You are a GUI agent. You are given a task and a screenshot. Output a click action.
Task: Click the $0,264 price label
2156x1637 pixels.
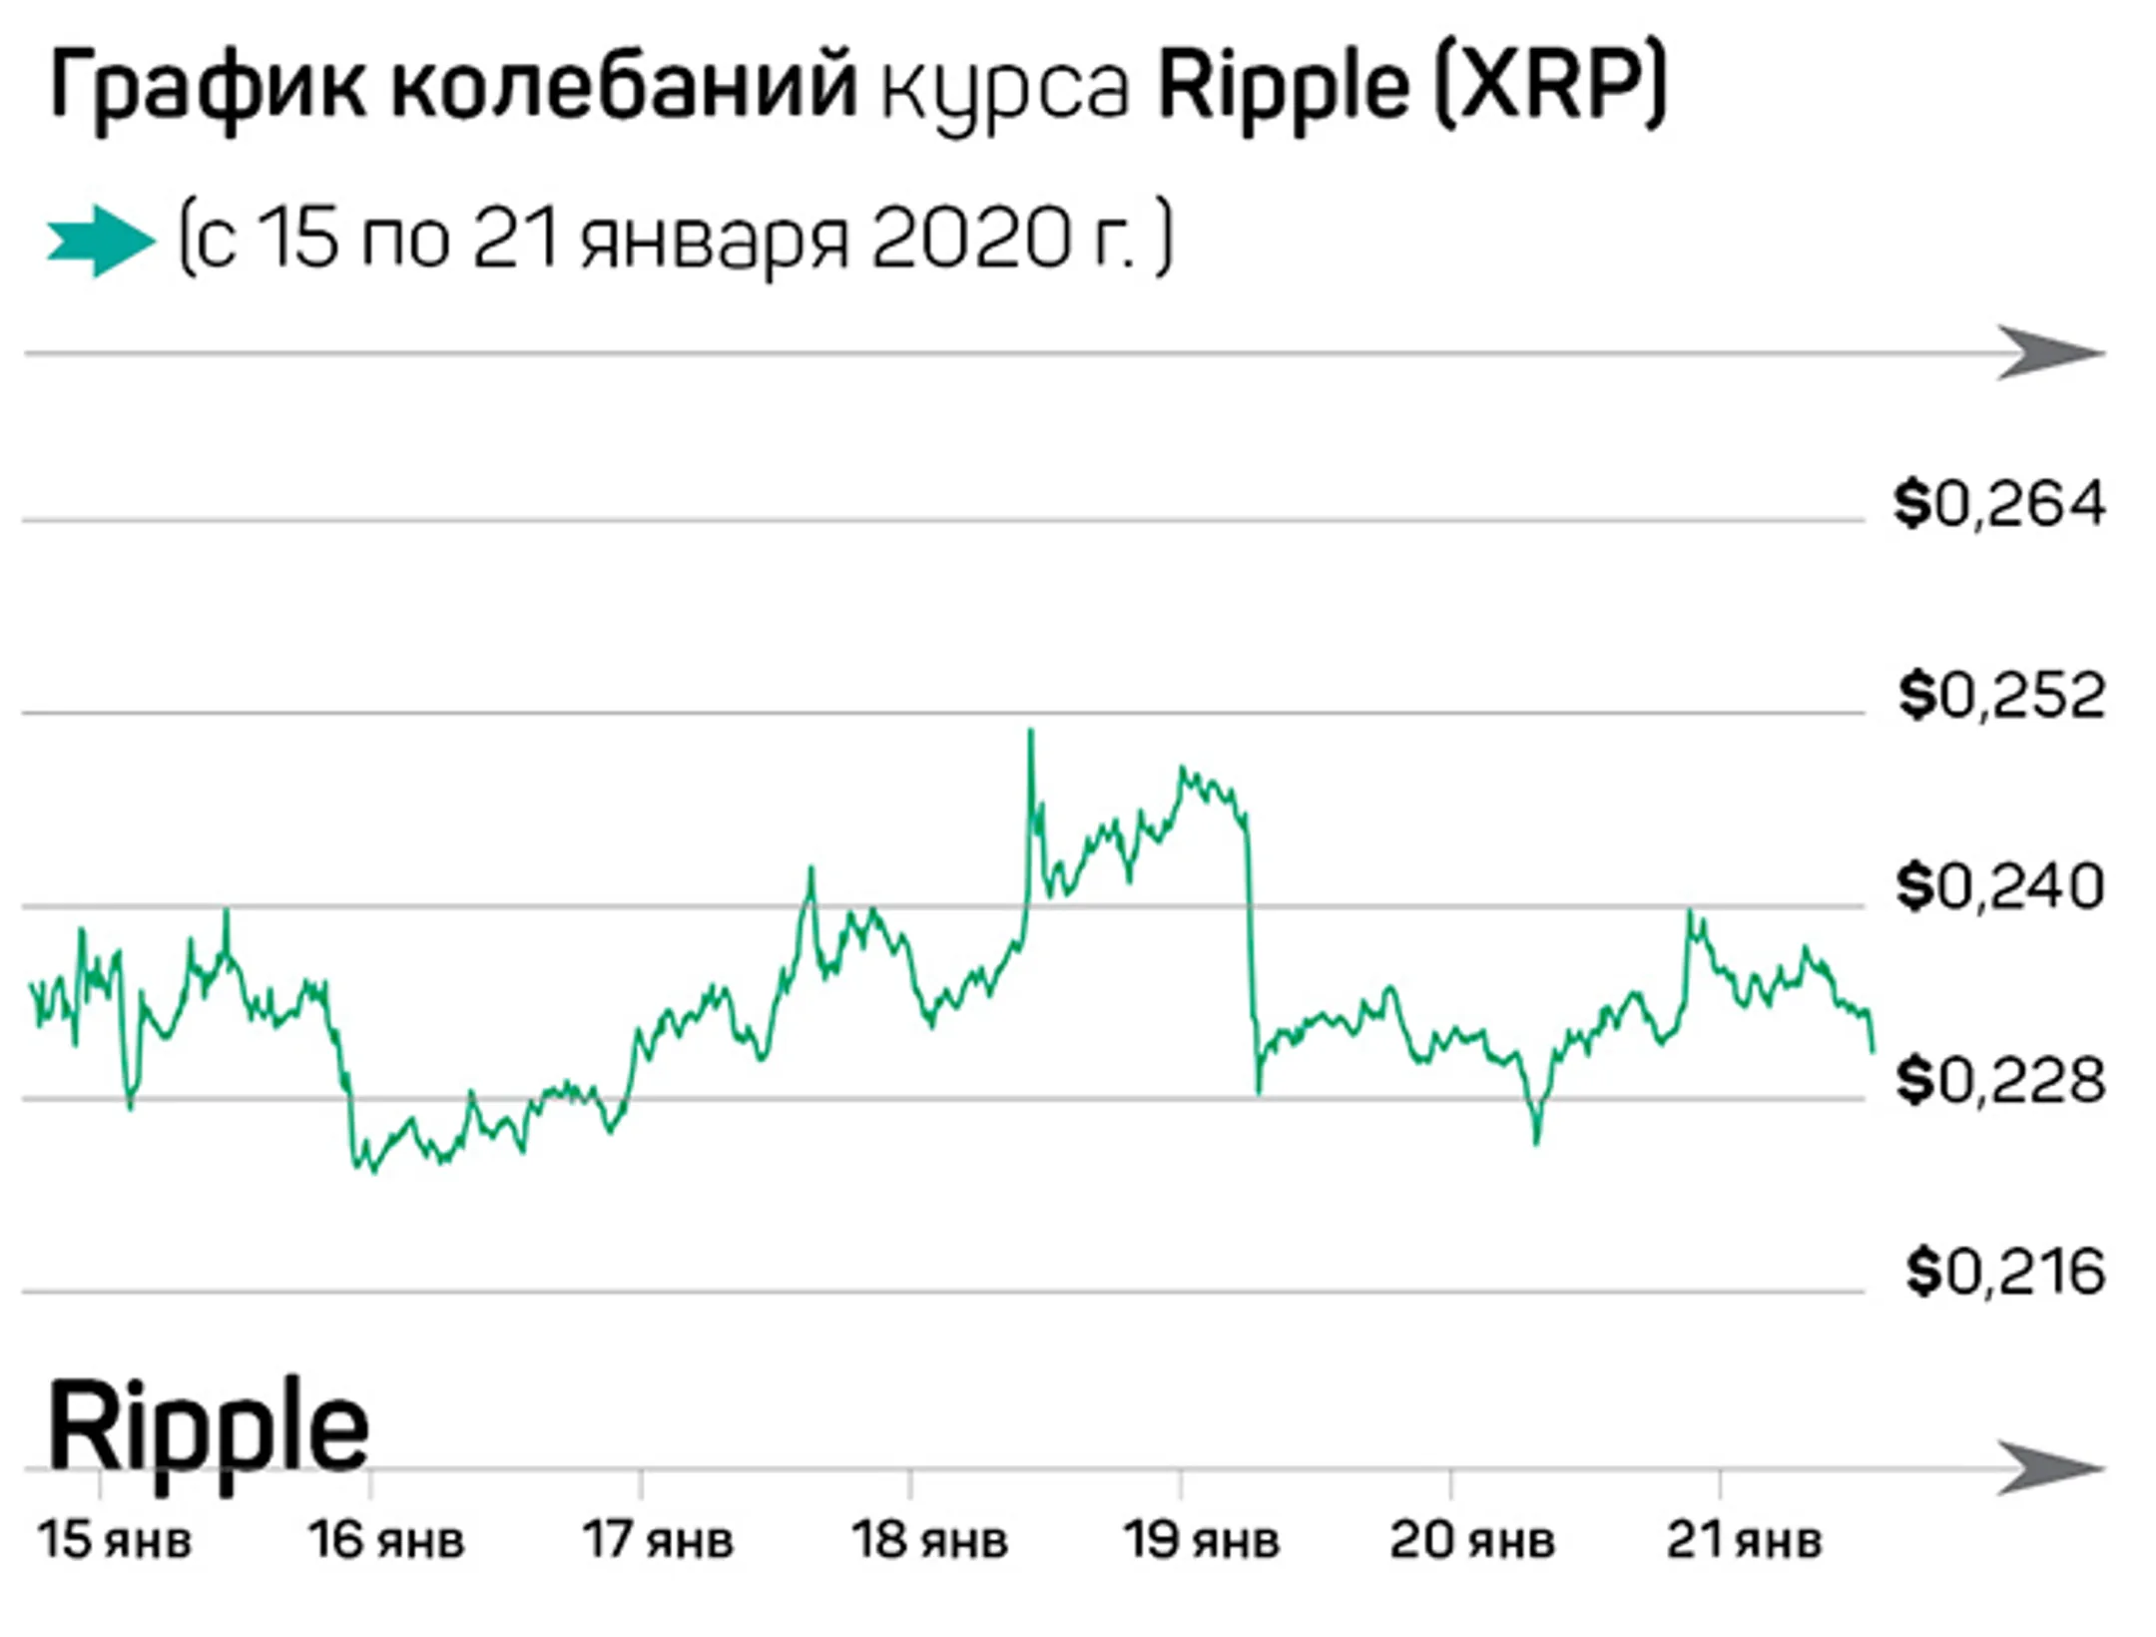coord(1999,504)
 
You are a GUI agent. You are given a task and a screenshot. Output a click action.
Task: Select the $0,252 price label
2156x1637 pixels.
coord(2001,696)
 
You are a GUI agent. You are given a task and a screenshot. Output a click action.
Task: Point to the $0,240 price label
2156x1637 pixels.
coord(1999,886)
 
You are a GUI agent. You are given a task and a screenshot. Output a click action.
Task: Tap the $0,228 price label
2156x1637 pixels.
coord(1999,1080)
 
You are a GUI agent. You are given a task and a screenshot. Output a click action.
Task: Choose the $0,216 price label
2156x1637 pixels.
coord(2004,1273)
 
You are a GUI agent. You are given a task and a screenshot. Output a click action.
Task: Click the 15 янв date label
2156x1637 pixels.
coord(114,1540)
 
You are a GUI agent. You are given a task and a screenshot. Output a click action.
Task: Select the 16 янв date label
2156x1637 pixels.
coord(386,1540)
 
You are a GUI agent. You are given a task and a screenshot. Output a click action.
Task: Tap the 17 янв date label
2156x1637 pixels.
coord(658,1540)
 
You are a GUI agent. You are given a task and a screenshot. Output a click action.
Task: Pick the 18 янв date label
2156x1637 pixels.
coord(929,1540)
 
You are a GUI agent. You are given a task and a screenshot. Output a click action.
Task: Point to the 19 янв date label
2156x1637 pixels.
coord(1201,1540)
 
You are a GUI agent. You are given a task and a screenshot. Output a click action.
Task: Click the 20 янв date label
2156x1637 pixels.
coord(1472,1540)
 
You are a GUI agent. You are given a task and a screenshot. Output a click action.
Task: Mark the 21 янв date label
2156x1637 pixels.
coord(1744,1540)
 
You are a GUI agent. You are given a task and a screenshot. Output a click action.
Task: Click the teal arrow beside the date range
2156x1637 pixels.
coord(100,241)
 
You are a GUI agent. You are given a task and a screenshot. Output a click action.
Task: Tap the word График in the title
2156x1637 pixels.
coord(205,88)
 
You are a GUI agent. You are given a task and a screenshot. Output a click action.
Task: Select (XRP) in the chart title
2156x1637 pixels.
coord(1550,88)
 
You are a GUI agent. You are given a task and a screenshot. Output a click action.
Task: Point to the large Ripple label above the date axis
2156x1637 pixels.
coord(208,1427)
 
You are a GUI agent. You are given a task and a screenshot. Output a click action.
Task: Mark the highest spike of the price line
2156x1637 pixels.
coord(1031,733)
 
